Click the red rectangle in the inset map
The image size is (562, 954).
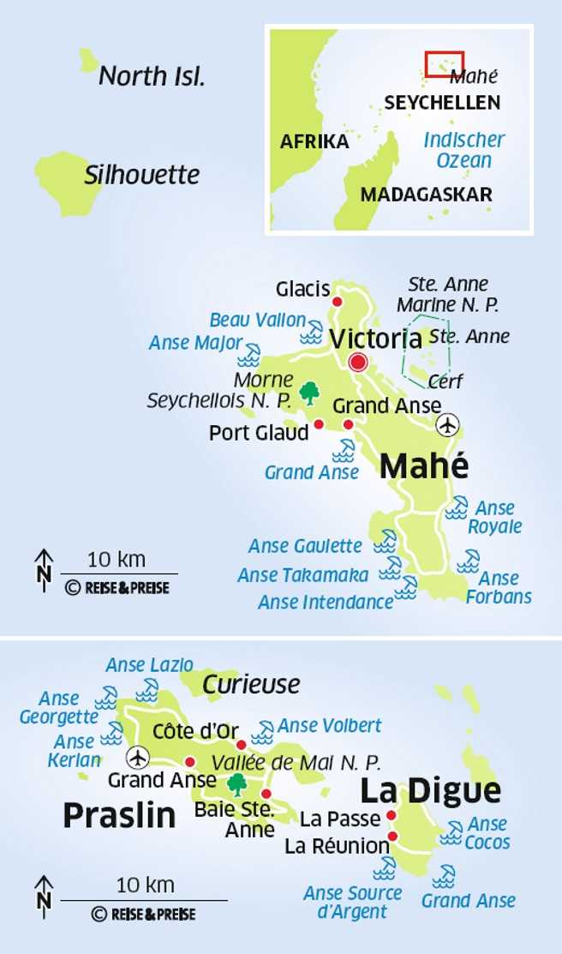[x=445, y=63]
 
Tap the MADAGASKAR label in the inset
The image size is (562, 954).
[x=426, y=195]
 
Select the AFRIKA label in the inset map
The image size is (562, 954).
[x=314, y=141]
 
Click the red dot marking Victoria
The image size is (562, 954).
[x=358, y=363]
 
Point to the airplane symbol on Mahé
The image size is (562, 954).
[x=447, y=424]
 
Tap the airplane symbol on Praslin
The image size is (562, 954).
[x=136, y=758]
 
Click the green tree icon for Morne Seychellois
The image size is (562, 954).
[x=309, y=393]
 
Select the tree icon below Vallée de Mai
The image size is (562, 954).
[x=236, y=784]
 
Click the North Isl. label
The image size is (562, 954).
[x=152, y=76]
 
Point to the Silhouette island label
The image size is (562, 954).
[x=141, y=176]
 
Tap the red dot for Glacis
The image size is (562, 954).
[x=337, y=302]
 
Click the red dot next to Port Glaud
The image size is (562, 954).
[x=319, y=424]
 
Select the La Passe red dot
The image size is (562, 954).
[x=391, y=815]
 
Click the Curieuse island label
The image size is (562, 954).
[x=251, y=685]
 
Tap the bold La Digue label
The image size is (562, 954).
[x=429, y=790]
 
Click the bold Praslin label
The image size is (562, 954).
[x=119, y=815]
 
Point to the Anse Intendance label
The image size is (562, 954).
[x=326, y=603]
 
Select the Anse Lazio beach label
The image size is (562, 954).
[x=149, y=665]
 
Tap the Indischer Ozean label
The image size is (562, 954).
[x=464, y=150]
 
